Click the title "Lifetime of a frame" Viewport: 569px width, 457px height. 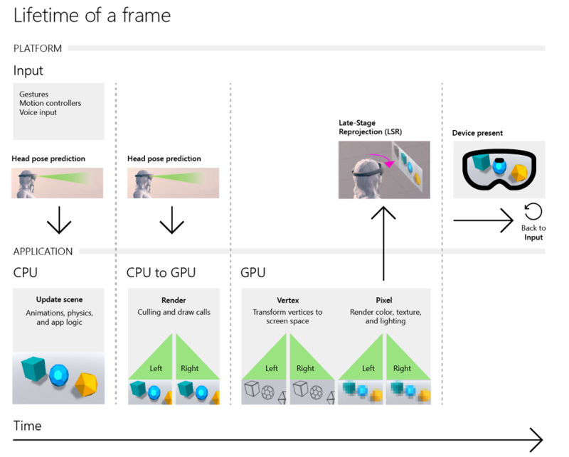pos(92,15)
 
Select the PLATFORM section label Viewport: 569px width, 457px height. pos(38,48)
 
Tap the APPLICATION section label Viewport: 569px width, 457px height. pos(43,251)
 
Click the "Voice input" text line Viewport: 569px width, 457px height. pos(38,112)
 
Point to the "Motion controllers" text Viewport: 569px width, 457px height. pos(50,103)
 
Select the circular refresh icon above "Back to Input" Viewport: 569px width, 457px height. pos(533,211)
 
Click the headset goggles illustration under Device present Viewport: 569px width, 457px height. pos(499,170)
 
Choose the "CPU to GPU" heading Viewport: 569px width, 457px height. pos(161,272)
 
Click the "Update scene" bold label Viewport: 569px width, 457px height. pos(59,300)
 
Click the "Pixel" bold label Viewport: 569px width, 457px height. pos(384,300)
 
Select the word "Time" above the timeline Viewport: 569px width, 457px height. pos(28,426)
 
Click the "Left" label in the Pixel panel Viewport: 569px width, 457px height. pos(368,368)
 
